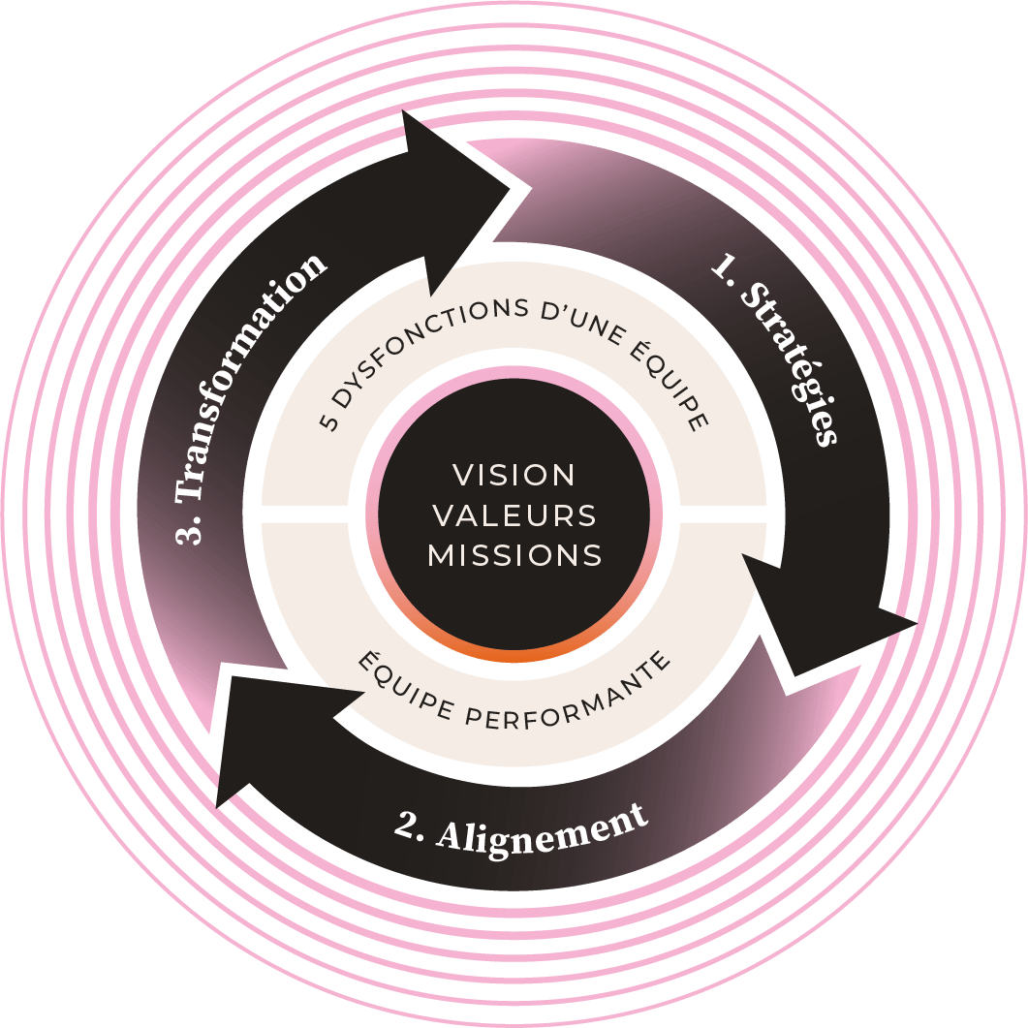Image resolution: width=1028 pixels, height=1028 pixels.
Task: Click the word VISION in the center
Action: tap(514, 475)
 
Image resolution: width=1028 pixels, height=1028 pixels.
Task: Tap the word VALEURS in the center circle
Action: tap(514, 515)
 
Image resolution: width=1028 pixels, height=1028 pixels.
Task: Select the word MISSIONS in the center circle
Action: tap(514, 555)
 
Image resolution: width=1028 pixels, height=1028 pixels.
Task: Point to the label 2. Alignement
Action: tap(521, 827)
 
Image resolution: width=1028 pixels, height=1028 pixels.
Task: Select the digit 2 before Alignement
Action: tap(407, 829)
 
